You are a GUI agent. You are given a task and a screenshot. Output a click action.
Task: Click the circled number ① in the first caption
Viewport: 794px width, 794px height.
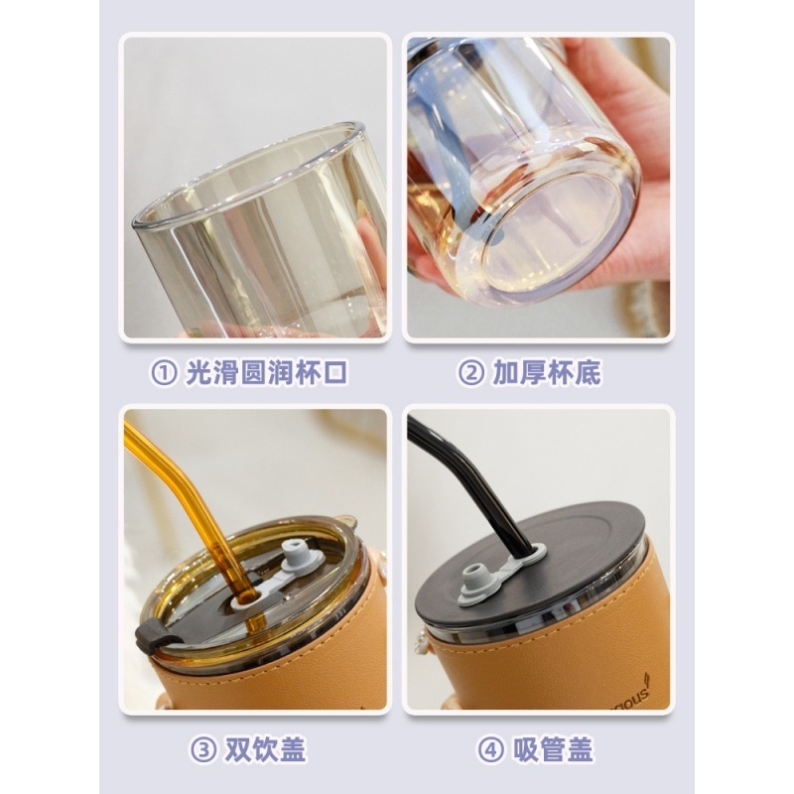click(164, 373)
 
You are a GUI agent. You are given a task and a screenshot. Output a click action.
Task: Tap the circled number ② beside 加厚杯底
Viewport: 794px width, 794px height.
click(470, 373)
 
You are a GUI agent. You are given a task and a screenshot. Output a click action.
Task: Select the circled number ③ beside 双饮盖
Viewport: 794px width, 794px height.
click(203, 750)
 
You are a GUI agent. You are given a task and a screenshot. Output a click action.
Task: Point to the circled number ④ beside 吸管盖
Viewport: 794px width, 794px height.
click(490, 750)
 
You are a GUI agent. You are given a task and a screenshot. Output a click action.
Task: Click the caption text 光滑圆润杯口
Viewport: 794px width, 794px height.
click(266, 373)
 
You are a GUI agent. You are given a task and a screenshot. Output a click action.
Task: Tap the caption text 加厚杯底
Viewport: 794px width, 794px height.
click(547, 373)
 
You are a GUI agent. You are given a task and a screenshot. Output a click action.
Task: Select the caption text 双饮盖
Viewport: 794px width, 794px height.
click(265, 750)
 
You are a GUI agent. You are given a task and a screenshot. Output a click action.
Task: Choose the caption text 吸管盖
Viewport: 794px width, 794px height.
click(553, 750)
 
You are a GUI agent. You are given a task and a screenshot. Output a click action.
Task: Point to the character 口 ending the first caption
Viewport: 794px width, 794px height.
click(334, 373)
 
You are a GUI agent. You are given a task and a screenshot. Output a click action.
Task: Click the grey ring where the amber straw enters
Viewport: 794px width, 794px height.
click(244, 601)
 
